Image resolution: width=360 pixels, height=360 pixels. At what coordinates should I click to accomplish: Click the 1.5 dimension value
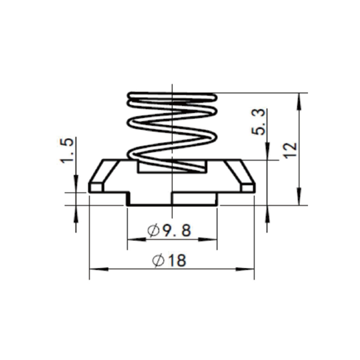67,150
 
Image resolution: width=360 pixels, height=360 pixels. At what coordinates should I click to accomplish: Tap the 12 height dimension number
290,150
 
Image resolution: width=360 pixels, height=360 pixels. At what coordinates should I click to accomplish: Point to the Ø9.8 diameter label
169,230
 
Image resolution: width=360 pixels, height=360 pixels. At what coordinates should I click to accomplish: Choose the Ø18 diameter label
169,261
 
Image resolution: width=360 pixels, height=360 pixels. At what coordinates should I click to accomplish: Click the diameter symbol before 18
158,261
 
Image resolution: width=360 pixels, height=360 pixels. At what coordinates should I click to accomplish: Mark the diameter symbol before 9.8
153,230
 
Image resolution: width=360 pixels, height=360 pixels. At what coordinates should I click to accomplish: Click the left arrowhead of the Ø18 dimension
99,269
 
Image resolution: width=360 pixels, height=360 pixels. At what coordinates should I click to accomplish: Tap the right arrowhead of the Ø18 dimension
245,269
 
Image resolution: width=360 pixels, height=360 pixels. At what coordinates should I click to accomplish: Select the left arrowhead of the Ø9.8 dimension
137,239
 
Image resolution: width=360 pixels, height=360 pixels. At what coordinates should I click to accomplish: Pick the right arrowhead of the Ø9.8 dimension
208,239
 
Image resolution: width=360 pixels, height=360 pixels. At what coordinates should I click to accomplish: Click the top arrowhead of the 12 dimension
299,102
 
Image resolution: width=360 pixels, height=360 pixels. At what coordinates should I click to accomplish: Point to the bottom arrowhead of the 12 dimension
299,196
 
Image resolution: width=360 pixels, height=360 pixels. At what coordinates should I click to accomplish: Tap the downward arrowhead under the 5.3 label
267,151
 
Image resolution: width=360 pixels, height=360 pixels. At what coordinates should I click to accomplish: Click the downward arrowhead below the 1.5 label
76,184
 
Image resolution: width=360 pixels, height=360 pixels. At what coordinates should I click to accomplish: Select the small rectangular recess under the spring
172,166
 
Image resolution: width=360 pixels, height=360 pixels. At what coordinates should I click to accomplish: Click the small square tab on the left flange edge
96,187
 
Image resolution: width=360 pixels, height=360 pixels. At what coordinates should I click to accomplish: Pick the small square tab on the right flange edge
248,187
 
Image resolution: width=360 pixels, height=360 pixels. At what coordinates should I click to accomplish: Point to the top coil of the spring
172,95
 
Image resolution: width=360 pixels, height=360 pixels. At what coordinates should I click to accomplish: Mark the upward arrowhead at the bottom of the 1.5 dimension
76,214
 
